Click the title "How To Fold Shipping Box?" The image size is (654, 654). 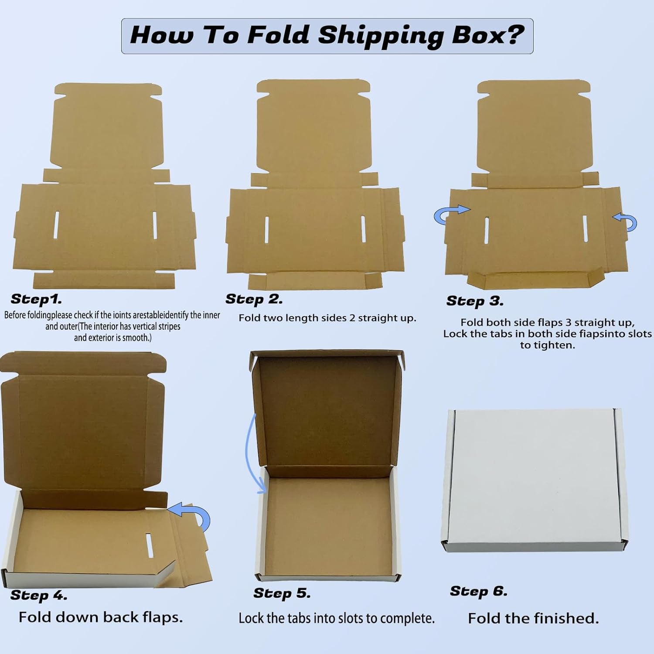[x=327, y=35]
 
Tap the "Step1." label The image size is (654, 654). [x=36, y=299]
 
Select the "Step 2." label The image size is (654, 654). [x=254, y=299]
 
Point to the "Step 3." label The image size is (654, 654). [x=475, y=301]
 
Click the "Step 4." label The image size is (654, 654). [x=39, y=596]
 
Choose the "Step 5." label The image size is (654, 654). [x=282, y=593]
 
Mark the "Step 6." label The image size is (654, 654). [x=479, y=591]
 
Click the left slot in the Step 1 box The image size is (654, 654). [x=56, y=225]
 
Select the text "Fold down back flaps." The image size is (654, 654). [x=101, y=617]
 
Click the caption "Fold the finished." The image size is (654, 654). [x=533, y=618]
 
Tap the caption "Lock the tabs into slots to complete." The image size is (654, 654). [x=337, y=618]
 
